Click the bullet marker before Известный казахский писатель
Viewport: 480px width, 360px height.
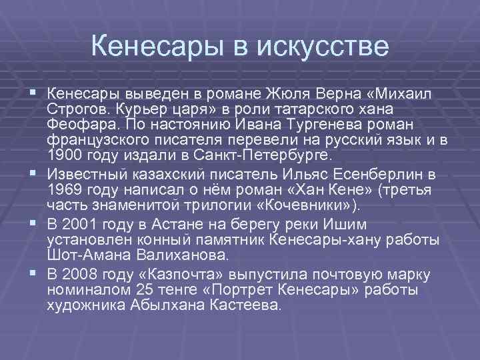tap(34, 175)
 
